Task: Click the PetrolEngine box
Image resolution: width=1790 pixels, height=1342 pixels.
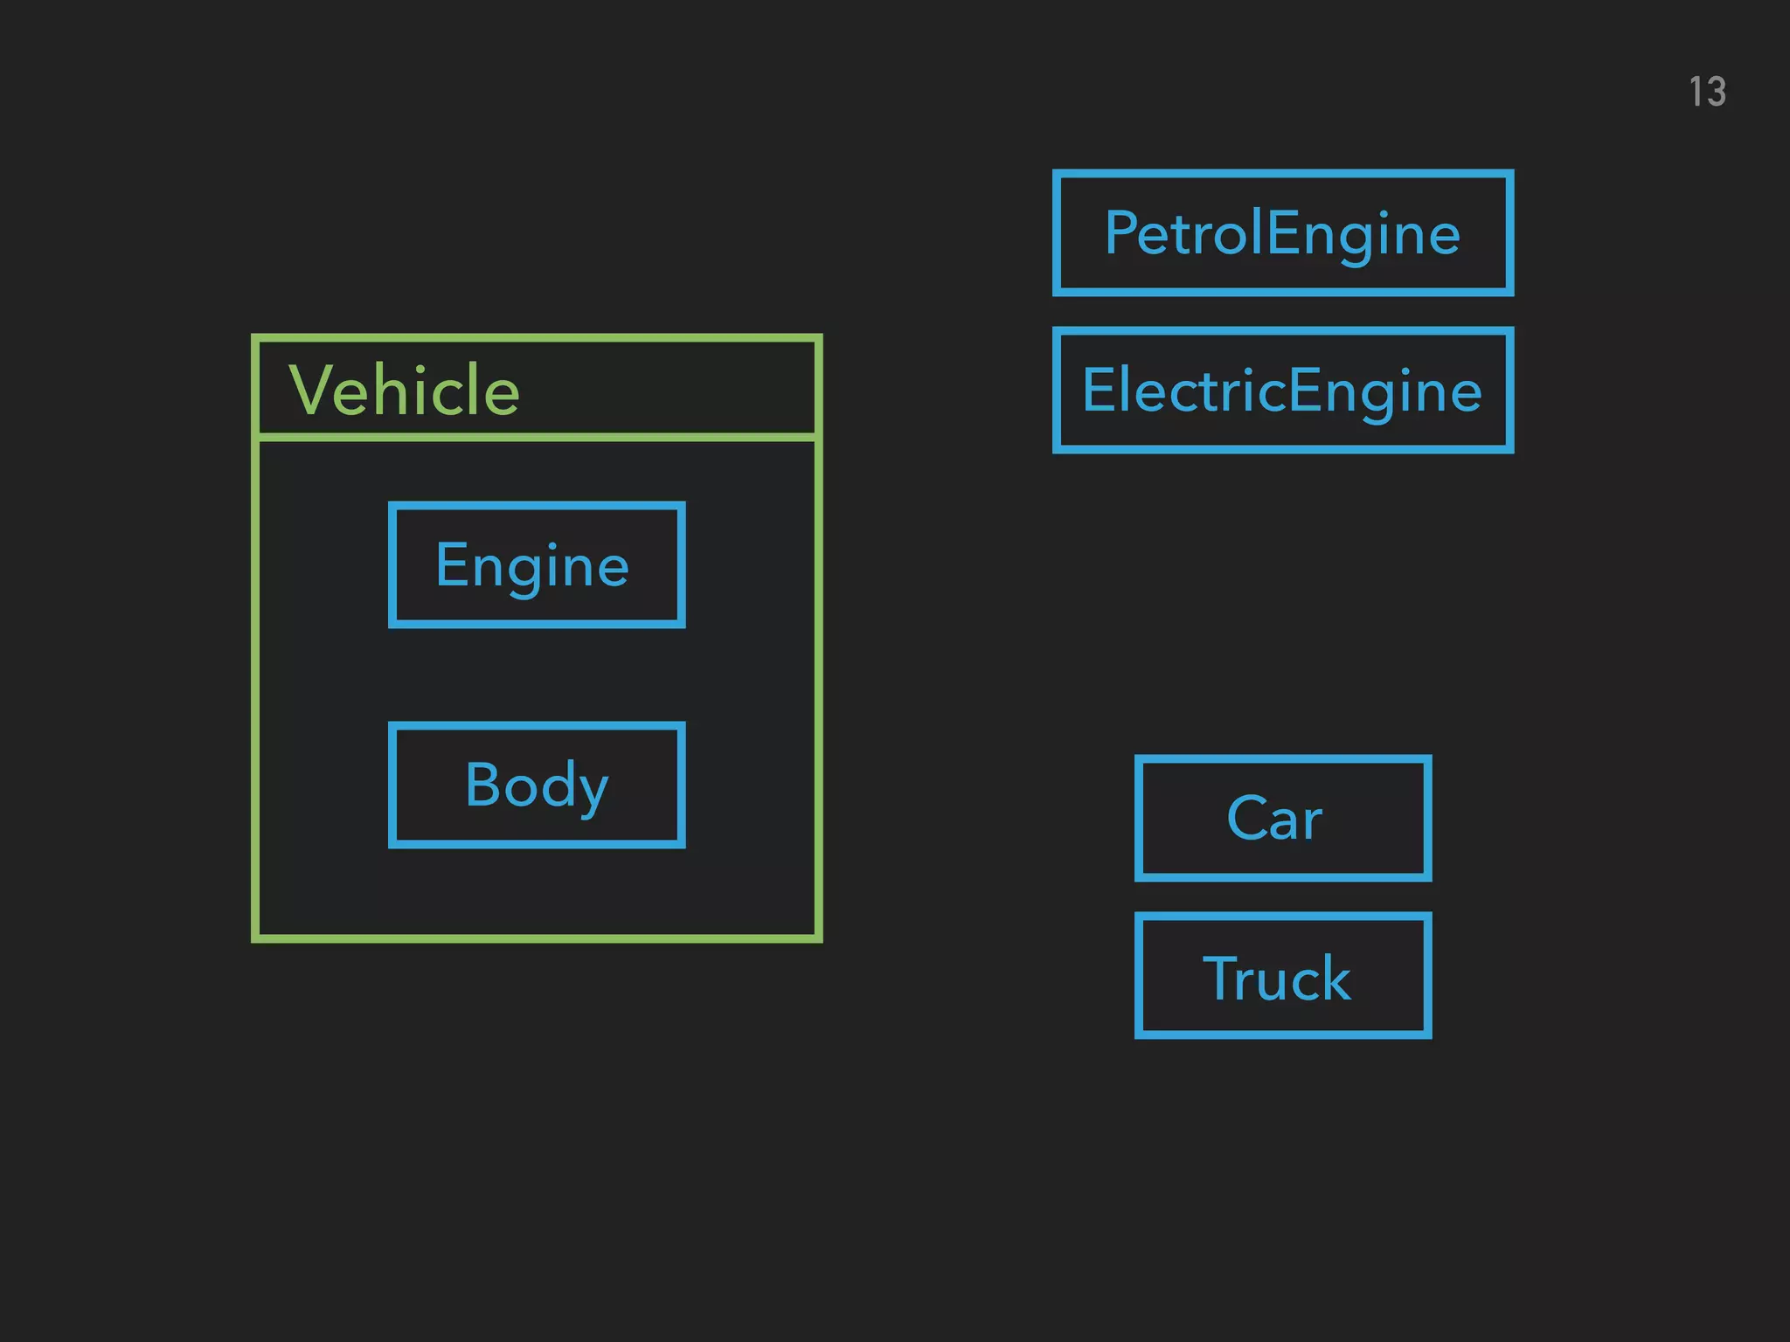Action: [1282, 232]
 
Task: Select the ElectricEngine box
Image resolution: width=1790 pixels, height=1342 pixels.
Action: [1282, 390]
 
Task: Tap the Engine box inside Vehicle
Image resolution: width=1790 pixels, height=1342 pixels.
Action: [536, 564]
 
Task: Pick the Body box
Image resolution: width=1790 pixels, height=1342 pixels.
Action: [536, 784]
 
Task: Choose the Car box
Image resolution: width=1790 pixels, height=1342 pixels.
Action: [1282, 818]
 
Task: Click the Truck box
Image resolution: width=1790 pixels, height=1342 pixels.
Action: [1282, 975]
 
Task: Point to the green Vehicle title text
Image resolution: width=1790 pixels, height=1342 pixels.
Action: [404, 390]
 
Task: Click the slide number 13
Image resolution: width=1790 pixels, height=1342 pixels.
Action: [1707, 92]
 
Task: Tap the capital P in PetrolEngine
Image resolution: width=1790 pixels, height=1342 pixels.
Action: [1120, 232]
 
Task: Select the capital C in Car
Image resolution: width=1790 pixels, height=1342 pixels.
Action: [1245, 819]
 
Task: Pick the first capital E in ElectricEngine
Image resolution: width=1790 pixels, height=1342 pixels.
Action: [1098, 390]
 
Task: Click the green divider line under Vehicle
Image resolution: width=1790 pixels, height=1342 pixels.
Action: [536, 436]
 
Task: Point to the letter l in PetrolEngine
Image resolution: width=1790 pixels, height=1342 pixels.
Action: [1259, 232]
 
